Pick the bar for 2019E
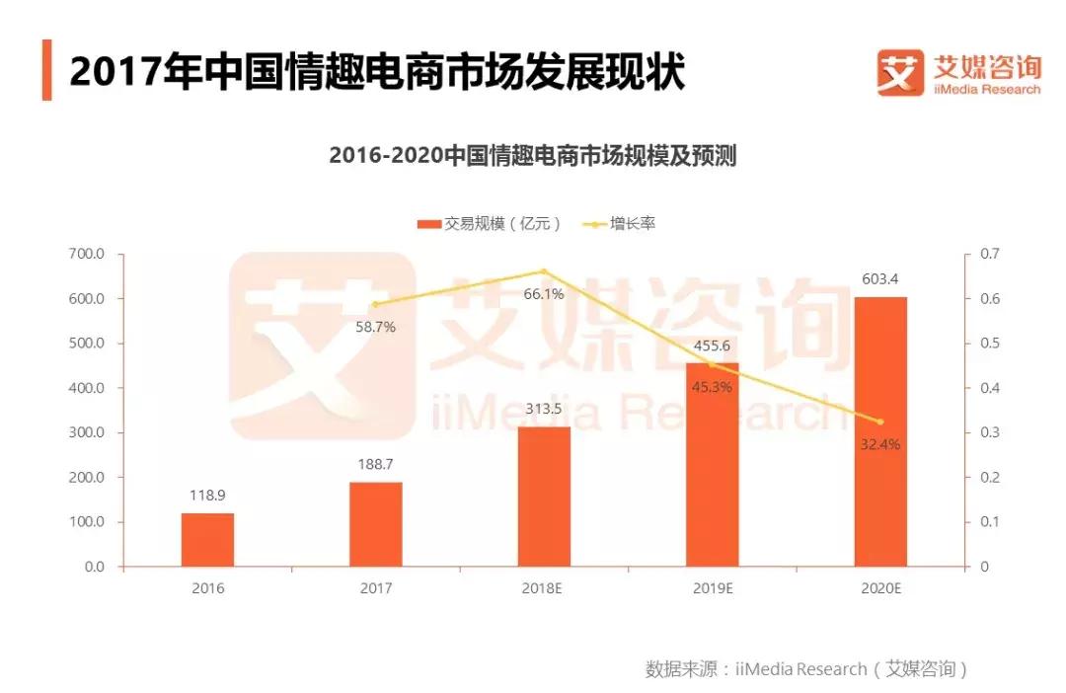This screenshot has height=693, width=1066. click(712, 465)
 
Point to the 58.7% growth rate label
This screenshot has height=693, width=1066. click(375, 327)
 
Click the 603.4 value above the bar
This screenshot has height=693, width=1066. click(879, 279)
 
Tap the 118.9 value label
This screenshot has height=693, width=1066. click(207, 496)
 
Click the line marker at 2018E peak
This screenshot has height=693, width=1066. click(544, 271)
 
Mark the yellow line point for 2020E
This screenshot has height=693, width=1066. click(879, 422)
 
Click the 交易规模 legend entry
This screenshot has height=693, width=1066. click(490, 224)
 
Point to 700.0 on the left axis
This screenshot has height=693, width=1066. click(88, 254)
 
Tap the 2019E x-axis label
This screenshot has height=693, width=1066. click(712, 588)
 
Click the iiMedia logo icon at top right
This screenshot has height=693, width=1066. click(900, 73)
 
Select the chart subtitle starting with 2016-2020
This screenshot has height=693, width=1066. click(532, 156)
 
